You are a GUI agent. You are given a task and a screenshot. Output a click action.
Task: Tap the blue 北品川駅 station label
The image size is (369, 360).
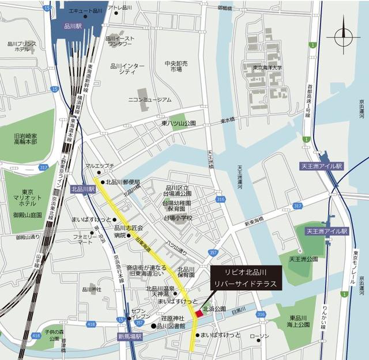(x=82, y=188)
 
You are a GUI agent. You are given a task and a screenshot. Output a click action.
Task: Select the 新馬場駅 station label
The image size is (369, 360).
(x=129, y=336)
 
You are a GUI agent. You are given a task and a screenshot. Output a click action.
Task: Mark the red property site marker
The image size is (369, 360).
(x=199, y=313)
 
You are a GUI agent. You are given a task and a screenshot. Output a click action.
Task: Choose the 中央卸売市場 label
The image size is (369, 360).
(x=176, y=66)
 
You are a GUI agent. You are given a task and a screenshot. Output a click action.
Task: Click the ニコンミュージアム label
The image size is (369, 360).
(x=150, y=99)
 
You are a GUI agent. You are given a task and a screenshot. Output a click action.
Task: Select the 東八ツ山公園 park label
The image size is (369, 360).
(x=179, y=123)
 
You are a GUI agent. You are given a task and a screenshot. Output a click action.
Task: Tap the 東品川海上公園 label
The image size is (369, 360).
(x=300, y=321)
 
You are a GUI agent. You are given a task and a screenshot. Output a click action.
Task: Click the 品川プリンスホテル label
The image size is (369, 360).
(x=22, y=46)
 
